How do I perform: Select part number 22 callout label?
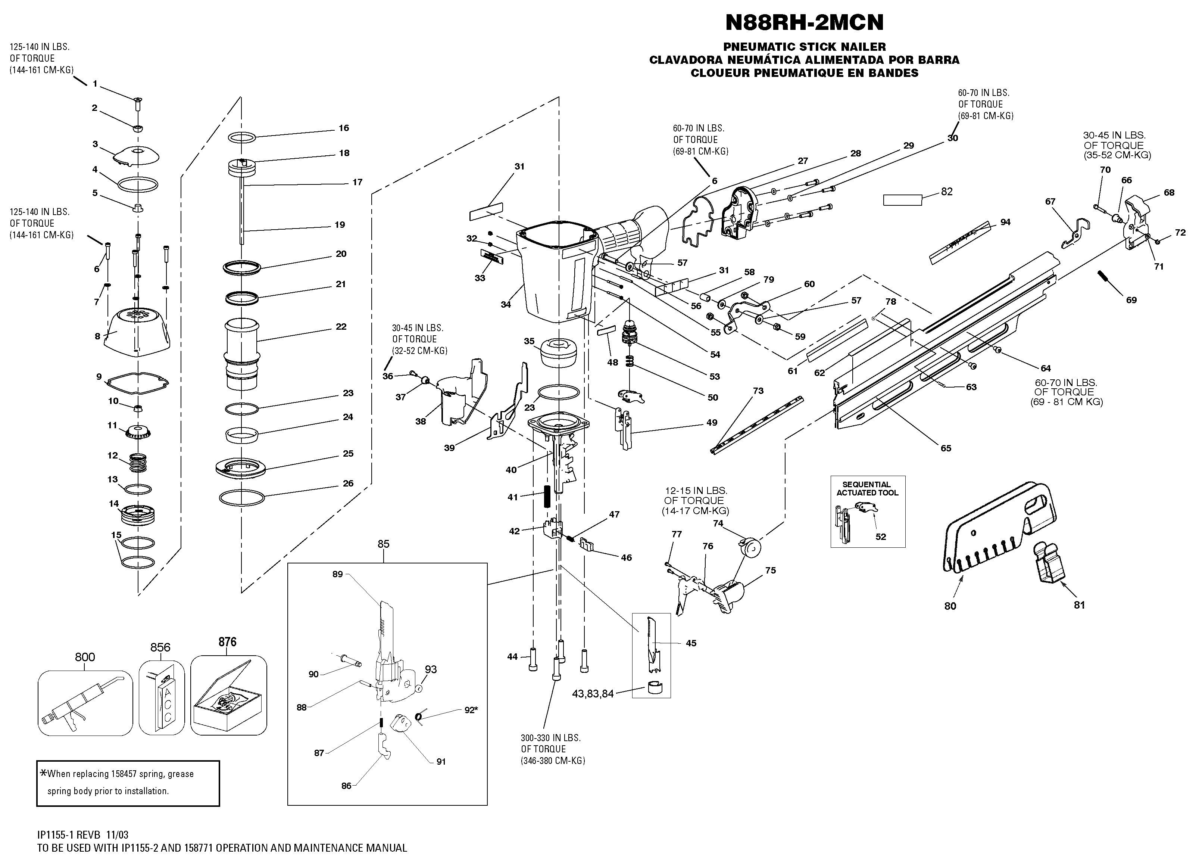click(341, 327)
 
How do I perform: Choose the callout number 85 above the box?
click(383, 544)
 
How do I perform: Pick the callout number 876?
click(227, 642)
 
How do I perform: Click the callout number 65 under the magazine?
click(946, 448)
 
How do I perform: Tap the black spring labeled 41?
click(547, 497)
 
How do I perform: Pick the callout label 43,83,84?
click(593, 694)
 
